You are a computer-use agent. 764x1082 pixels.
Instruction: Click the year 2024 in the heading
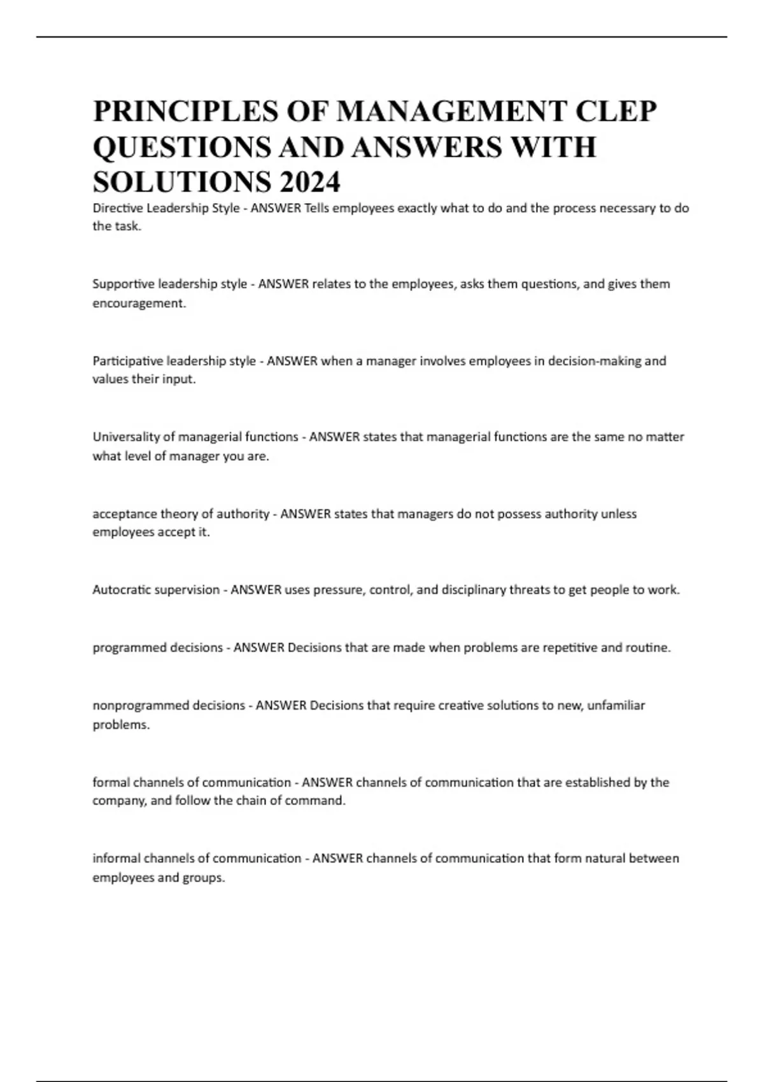(309, 183)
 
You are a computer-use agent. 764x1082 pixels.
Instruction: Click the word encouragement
(139, 304)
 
